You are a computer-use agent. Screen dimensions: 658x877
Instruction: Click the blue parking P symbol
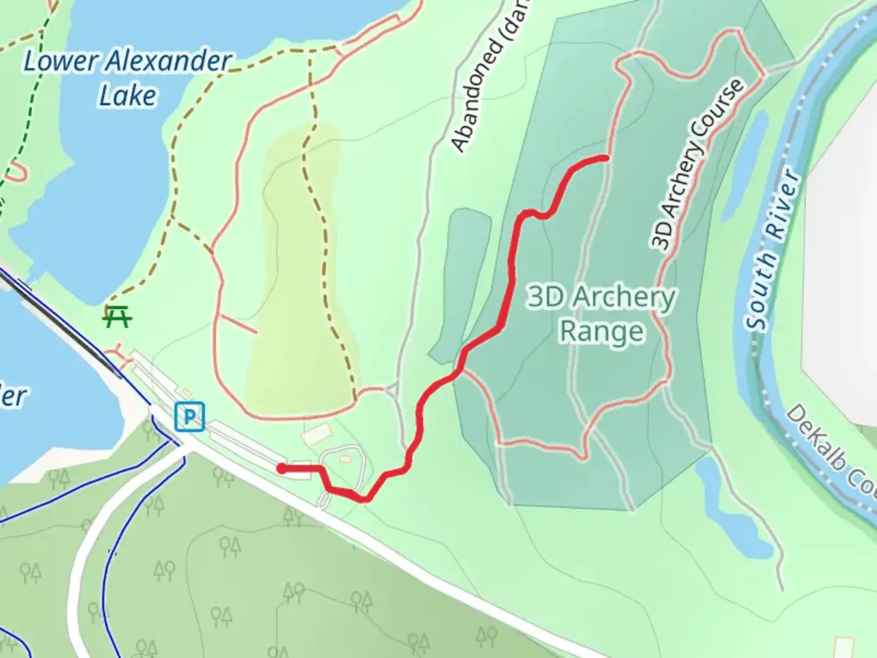pos(189,417)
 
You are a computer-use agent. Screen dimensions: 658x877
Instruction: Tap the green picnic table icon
pos(118,316)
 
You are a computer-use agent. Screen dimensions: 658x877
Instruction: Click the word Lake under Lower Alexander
pos(128,96)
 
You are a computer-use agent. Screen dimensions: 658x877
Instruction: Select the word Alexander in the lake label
pos(169,61)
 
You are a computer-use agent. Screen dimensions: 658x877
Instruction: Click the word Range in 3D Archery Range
pos(602,331)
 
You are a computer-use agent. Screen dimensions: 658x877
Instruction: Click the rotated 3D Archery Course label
pos(697,164)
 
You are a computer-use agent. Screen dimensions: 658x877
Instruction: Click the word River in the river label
pos(783,204)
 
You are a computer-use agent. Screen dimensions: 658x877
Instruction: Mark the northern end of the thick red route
pos(605,158)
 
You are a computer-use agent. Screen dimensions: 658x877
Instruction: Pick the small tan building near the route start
pos(315,434)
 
